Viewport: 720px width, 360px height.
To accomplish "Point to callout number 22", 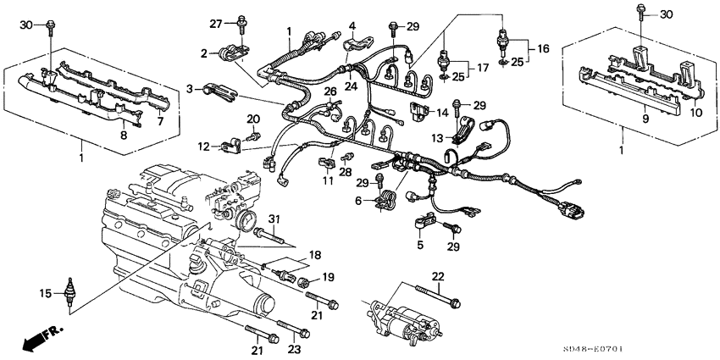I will (437, 277).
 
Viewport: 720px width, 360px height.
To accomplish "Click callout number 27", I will (215, 23).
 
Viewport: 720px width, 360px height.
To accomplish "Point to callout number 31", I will (274, 220).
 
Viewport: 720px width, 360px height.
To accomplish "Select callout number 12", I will (204, 147).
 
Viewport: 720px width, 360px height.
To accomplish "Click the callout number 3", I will (192, 87).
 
